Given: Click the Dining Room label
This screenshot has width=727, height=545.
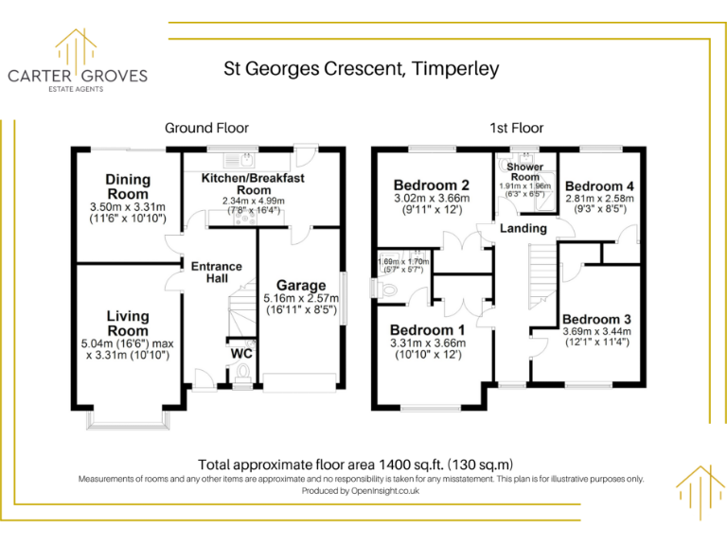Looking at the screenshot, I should click(x=128, y=186).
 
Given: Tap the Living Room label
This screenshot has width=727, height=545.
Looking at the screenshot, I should click(x=128, y=324).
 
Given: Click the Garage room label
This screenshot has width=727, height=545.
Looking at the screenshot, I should click(x=301, y=285).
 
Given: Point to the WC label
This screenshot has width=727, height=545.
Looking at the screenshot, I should click(x=240, y=354).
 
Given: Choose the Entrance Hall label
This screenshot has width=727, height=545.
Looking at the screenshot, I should click(x=217, y=273).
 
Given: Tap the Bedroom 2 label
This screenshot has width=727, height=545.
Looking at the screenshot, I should click(x=432, y=185).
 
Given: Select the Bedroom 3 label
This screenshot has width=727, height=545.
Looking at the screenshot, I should click(x=595, y=318).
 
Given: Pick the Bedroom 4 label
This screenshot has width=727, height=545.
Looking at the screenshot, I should click(x=594, y=186).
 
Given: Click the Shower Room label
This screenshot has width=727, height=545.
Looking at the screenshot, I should click(x=524, y=172).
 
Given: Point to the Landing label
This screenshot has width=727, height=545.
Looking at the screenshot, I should click(x=523, y=228).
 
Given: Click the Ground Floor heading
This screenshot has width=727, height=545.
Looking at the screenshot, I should click(x=206, y=128).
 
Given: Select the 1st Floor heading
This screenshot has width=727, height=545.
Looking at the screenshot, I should click(x=516, y=128).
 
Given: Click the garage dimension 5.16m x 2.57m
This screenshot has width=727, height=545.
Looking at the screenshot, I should click(x=301, y=298).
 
